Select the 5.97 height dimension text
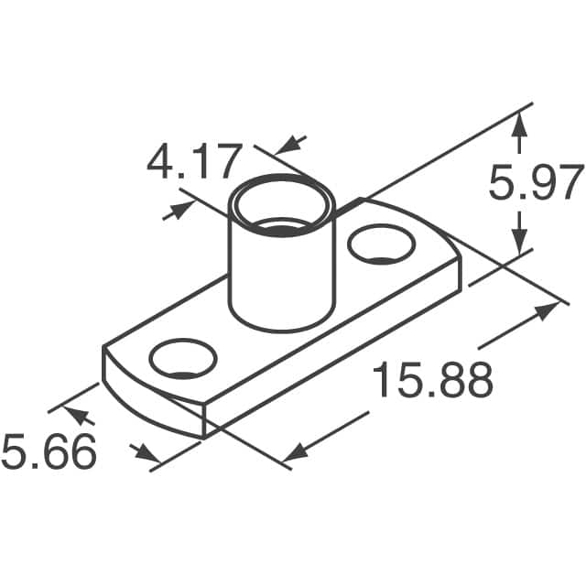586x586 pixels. click(536, 183)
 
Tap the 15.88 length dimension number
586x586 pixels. click(432, 381)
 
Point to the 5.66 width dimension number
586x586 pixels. click(49, 452)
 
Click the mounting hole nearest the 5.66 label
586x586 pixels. click(183, 359)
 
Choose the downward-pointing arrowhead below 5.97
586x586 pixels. click(520, 241)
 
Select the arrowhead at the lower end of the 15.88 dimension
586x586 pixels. click(295, 451)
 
